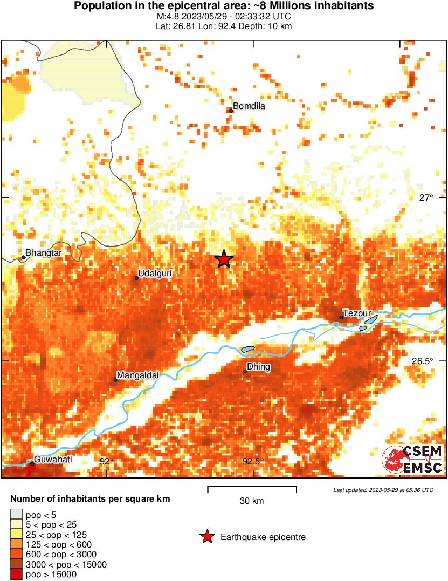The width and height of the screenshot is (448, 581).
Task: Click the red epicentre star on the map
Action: (x=224, y=259)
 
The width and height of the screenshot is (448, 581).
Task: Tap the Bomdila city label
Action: (x=249, y=106)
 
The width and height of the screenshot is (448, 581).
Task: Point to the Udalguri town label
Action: (x=155, y=274)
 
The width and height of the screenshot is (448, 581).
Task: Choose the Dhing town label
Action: (x=259, y=367)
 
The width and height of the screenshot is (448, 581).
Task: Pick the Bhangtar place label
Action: (x=44, y=252)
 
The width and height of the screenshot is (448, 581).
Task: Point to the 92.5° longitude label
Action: (x=252, y=461)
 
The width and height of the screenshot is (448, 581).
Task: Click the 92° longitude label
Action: (x=107, y=461)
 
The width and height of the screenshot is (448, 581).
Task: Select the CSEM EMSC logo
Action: (x=412, y=459)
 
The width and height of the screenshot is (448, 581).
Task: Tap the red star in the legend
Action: (x=206, y=537)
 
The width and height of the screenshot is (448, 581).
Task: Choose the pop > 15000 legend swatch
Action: (x=16, y=574)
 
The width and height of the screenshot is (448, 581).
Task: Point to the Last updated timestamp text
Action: (x=383, y=490)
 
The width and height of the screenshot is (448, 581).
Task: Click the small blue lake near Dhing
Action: (x=247, y=349)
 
